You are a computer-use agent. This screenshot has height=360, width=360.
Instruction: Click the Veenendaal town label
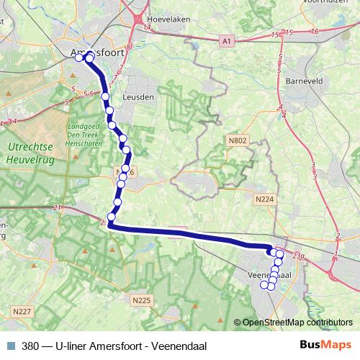tap(269, 276)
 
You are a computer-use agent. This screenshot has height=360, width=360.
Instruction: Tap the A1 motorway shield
tap(227, 42)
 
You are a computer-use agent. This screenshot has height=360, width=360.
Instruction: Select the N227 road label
tap(22, 311)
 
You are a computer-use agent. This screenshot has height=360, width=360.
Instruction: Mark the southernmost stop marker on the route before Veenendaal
tap(112, 217)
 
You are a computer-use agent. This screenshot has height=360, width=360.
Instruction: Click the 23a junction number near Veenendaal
tap(300, 255)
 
